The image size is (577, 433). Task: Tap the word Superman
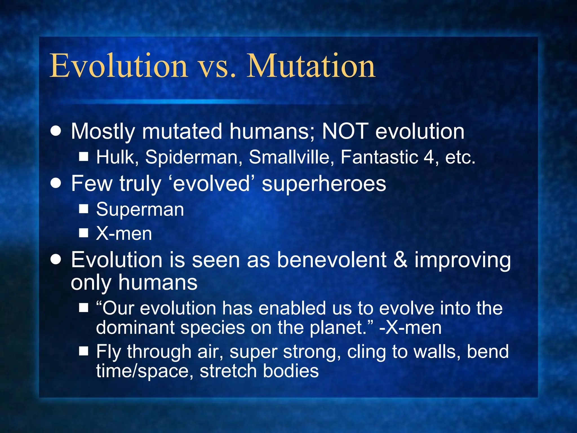[x=140, y=210]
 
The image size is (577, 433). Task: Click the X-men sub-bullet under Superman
[x=124, y=234]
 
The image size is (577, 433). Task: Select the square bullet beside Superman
[x=84, y=209]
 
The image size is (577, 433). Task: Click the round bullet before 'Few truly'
[x=56, y=183]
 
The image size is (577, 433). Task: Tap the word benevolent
[x=332, y=260]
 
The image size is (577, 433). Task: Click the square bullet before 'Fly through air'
[x=84, y=351]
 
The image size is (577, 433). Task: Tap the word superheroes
[x=324, y=184]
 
